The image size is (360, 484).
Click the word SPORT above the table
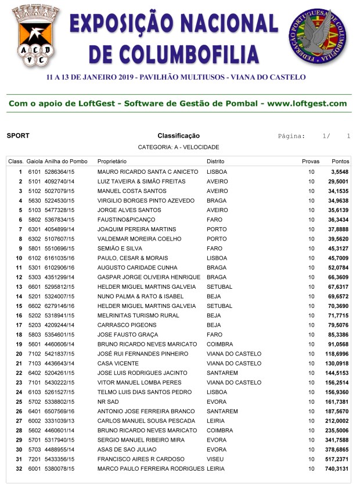tap(18, 136)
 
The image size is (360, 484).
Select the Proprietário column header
tap(112, 161)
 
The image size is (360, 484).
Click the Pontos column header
tap(340, 161)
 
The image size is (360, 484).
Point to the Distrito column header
tap(216, 161)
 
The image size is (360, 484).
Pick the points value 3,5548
tap(340, 172)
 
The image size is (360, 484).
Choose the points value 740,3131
tap(337, 468)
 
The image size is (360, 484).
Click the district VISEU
tap(215, 458)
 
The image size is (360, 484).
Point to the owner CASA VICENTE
tap(118, 363)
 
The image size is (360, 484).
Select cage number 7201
tap(34, 458)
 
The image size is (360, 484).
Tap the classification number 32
tap(19, 468)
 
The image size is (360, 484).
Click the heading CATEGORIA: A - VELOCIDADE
tap(178, 148)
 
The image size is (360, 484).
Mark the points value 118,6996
tap(337, 353)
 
